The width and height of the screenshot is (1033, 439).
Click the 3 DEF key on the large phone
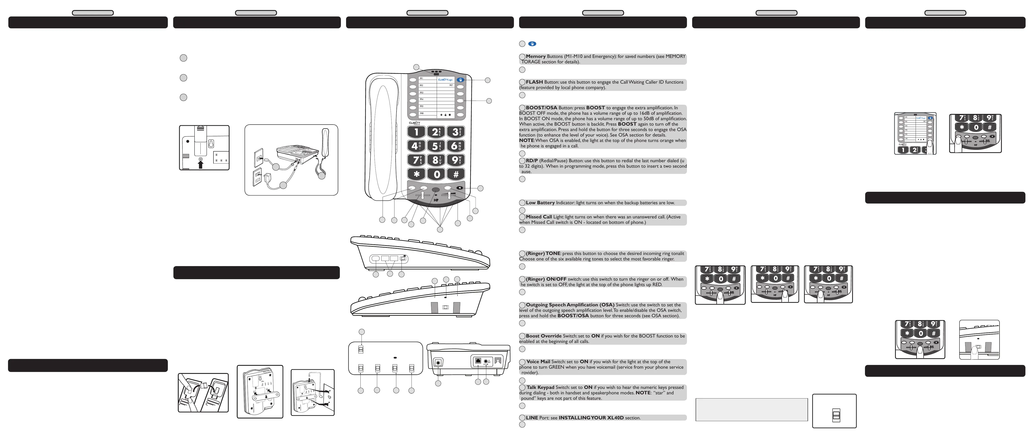pyautogui.click(x=456, y=132)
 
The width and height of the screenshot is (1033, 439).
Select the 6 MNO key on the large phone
pyautogui.click(x=456, y=146)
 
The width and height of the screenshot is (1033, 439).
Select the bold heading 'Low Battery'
pyautogui.click(x=540, y=203)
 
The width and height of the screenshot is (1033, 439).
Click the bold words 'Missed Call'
pyautogui.click(x=538, y=217)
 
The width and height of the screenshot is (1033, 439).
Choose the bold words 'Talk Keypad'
pyautogui.click(x=540, y=388)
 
